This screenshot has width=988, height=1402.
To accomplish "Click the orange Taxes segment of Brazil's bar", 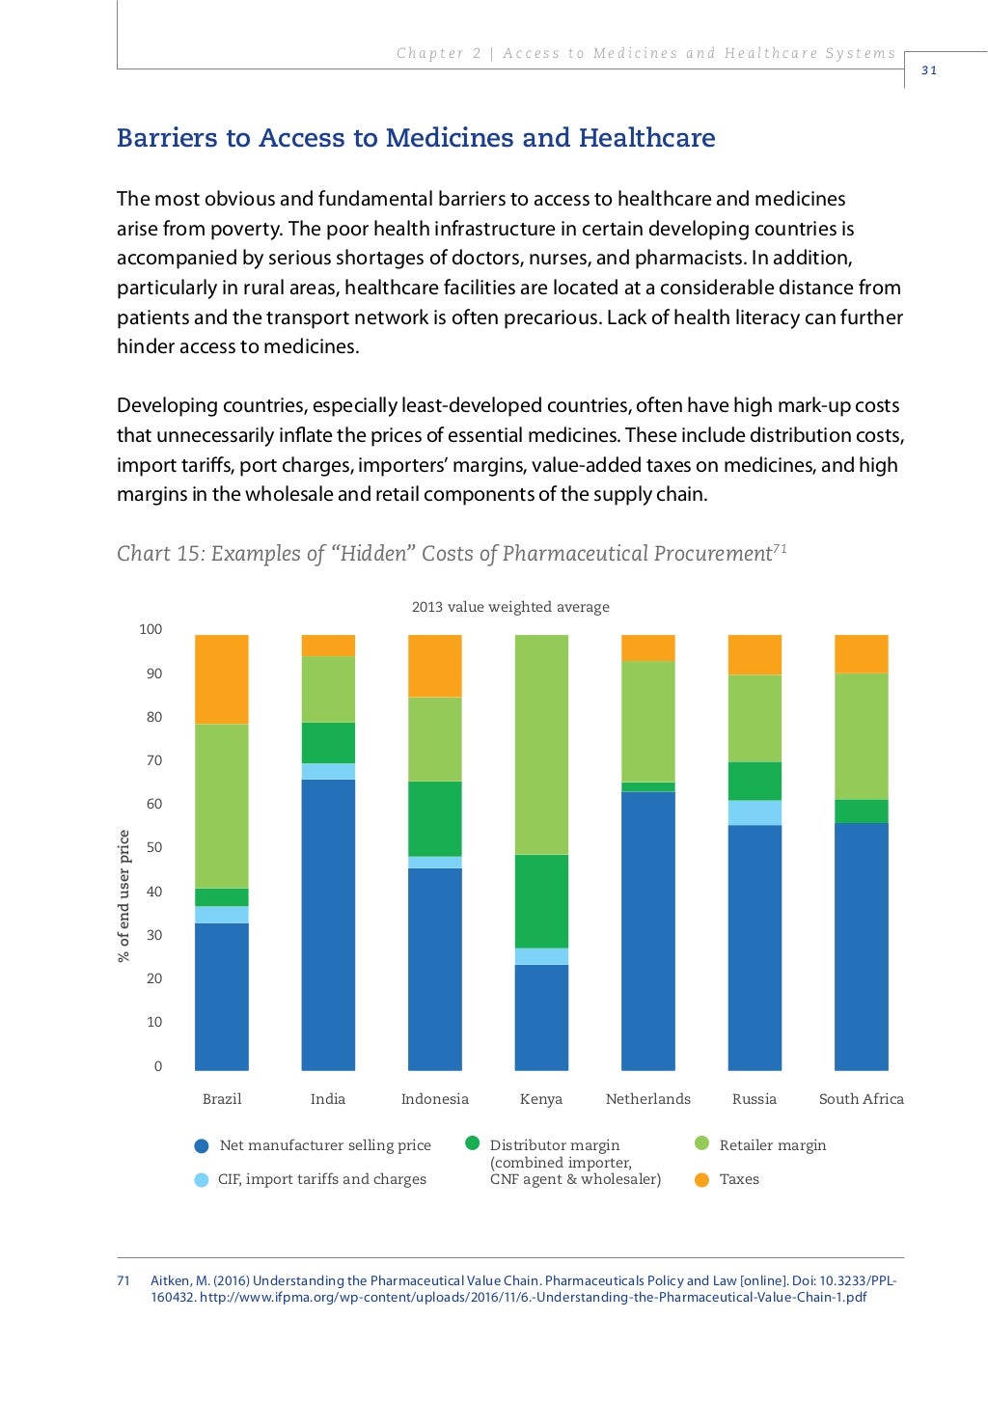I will pos(221,679).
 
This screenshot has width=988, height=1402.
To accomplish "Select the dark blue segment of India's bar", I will pos(328,924).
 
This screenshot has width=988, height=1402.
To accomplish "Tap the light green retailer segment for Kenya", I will pos(541,744).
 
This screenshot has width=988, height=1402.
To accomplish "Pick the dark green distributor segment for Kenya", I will pos(541,901).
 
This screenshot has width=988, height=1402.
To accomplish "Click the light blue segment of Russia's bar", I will pos(755,812).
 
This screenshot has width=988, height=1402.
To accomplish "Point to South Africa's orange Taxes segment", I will pos(861,654).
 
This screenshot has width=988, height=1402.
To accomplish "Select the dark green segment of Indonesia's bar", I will pos(434,818).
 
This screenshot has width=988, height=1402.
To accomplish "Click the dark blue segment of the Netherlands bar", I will pos(647,930).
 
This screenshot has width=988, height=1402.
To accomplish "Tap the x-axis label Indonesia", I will pos(434,1099).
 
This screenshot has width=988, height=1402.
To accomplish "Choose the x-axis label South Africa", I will pos(861,1099).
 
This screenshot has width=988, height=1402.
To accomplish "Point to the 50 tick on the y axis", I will pos(154,847).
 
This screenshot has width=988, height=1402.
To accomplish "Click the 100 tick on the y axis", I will pos(151,629).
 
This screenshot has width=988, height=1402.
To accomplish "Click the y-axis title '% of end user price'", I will pos(123,895).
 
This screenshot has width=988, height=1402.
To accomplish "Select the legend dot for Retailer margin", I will pos(702,1143).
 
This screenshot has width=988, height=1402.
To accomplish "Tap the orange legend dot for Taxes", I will pos(702,1179).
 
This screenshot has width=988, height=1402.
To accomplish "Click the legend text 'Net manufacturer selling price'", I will pos(325,1145).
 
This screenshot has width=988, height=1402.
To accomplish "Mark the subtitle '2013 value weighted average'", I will pos(510,607).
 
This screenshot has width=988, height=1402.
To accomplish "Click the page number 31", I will pos(929,70).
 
